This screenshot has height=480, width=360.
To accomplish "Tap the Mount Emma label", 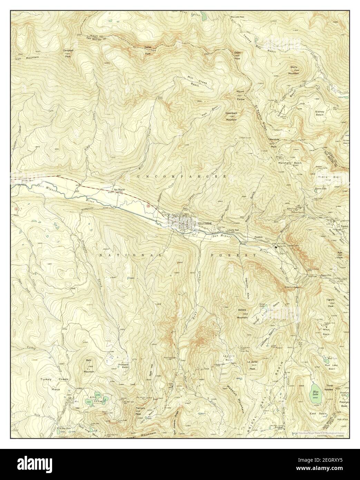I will [x=240, y=95].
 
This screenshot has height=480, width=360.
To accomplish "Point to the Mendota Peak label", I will [x=273, y=143].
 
